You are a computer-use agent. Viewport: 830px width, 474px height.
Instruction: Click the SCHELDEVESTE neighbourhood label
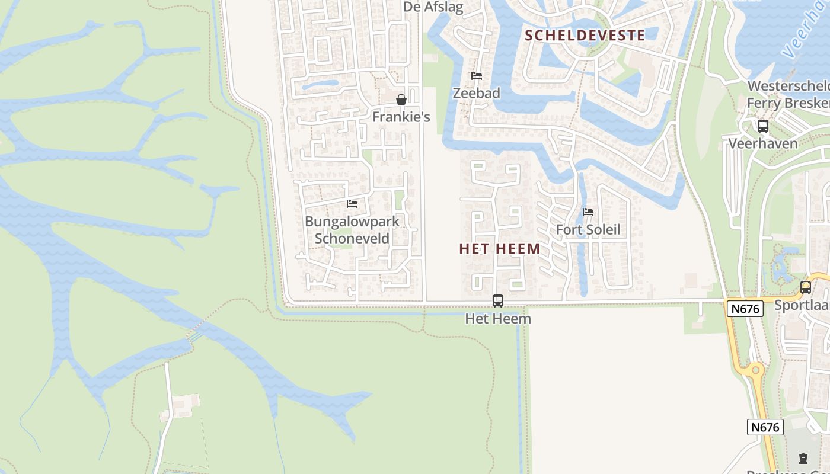[585, 35]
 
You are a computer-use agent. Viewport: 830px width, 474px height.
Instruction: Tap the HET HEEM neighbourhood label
[500, 249]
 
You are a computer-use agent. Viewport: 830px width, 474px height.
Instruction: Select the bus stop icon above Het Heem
[498, 301]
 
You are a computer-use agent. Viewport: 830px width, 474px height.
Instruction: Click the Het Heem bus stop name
[498, 319]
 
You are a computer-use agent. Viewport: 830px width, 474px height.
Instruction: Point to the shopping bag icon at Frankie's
[401, 100]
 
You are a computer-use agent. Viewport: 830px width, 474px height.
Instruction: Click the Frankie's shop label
[401, 117]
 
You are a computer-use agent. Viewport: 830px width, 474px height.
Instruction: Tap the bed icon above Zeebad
[476, 76]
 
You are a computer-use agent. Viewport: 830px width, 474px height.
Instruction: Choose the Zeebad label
[477, 93]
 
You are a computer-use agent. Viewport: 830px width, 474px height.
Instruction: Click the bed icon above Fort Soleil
[588, 212]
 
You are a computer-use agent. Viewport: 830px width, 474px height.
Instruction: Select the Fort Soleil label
[588, 229]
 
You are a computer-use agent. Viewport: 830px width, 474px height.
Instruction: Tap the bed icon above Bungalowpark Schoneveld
[352, 204]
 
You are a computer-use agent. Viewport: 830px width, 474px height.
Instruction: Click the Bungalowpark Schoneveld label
[352, 230]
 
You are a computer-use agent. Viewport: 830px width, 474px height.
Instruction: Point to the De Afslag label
[433, 7]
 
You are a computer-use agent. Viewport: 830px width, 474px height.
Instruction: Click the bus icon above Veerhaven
[763, 126]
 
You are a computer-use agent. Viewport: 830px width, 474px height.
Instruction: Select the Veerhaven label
[763, 143]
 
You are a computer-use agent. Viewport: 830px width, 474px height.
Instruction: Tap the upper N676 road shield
[745, 308]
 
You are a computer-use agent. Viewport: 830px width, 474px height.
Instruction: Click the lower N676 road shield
[765, 427]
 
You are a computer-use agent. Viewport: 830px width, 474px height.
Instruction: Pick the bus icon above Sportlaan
[806, 287]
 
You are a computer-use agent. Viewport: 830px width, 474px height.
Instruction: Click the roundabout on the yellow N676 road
[755, 371]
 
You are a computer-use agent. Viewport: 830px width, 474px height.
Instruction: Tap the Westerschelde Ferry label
[788, 94]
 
